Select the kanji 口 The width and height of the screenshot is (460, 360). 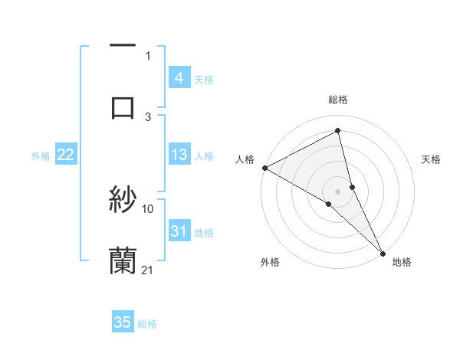[123, 107]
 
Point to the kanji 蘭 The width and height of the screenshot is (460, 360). [123, 260]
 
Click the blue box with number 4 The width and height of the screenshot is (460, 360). [179, 77]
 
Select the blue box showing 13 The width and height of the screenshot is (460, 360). [179, 155]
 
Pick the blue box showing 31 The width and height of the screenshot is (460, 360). [179, 231]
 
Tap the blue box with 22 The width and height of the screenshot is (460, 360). [65, 155]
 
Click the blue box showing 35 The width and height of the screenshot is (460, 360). [123, 322]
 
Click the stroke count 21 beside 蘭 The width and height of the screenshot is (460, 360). [148, 269]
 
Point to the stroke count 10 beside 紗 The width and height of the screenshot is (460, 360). [148, 208]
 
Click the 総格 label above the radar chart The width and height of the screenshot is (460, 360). [338, 100]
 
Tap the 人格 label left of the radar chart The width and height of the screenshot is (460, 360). [245, 159]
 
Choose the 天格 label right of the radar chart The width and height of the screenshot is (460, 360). [432, 159]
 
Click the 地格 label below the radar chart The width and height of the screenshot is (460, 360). [402, 263]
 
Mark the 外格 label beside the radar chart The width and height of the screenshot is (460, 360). [270, 263]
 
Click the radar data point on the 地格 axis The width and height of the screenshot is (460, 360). [383, 251]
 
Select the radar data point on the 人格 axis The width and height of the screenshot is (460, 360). [264, 168]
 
